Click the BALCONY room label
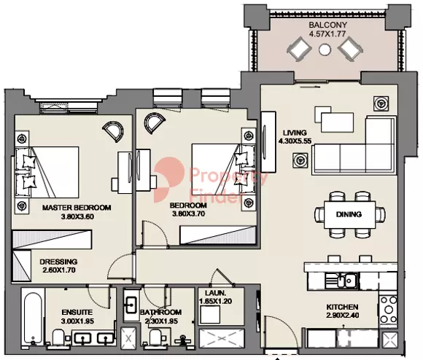(327, 24)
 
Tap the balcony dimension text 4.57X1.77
(327, 34)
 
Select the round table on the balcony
(326, 50)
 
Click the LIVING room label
(295, 132)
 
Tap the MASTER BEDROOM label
(77, 208)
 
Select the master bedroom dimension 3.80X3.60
(77, 216)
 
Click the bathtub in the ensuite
(32, 317)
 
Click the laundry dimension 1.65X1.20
(216, 300)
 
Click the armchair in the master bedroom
(114, 131)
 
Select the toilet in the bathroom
(155, 337)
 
